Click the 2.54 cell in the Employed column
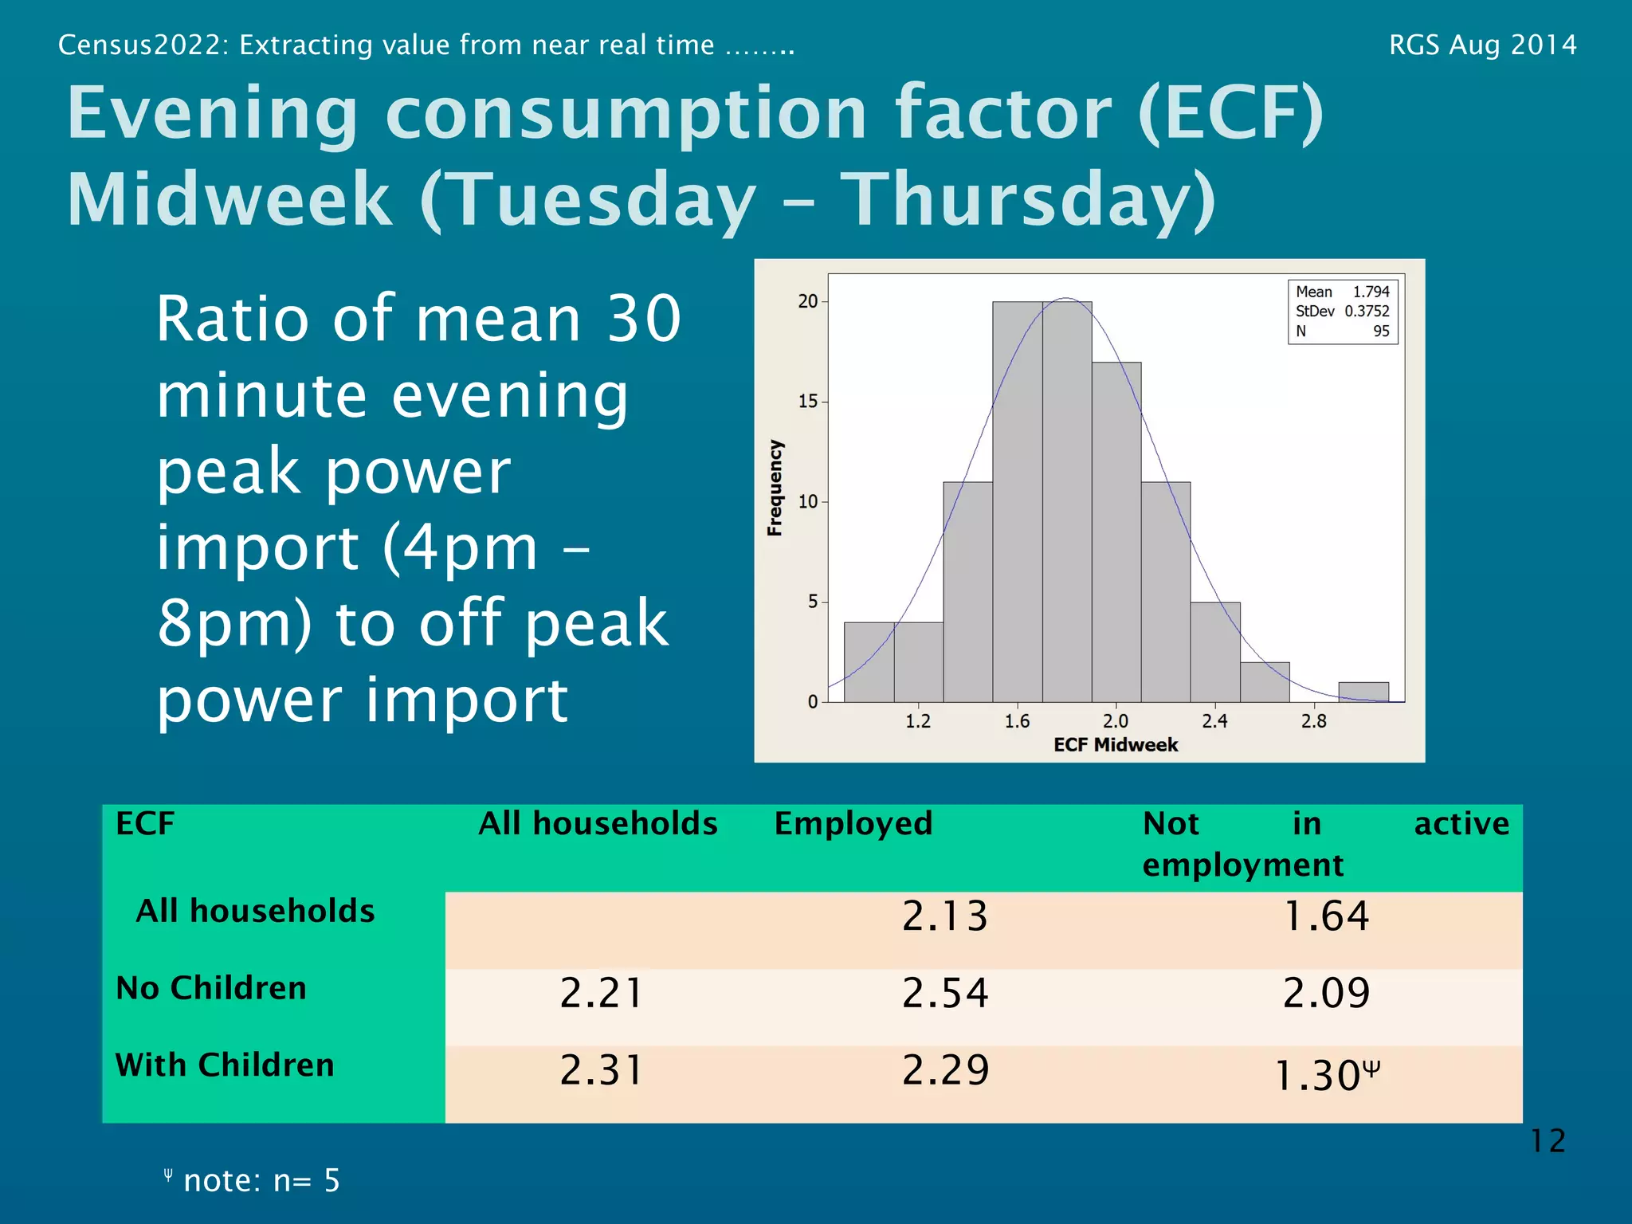945,993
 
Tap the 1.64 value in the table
1326,916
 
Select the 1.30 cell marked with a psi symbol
1326,1075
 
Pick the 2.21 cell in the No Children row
602,993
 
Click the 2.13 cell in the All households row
945,916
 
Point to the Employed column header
853,823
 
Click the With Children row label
225,1065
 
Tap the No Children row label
211,988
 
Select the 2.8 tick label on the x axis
1313,721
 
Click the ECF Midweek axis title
1116,745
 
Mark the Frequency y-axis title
775,488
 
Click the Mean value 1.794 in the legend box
1371,292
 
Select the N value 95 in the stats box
1381,331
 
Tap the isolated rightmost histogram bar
1363,692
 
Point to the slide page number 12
1548,1141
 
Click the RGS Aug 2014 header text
1482,45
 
